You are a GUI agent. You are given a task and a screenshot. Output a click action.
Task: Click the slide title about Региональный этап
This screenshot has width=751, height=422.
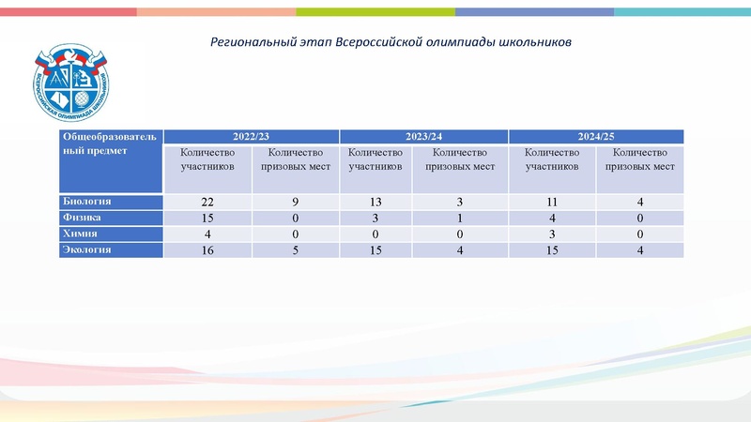[391, 43]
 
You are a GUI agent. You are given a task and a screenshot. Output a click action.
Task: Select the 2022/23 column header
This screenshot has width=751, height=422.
[251, 137]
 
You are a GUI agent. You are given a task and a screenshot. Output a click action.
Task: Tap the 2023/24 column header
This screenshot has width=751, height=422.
[423, 137]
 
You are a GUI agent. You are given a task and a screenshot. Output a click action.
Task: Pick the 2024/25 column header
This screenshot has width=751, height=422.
[596, 137]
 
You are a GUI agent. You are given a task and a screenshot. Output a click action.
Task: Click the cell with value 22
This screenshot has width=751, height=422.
[208, 203]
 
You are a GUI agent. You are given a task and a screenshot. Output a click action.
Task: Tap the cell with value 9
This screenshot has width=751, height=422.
[296, 203]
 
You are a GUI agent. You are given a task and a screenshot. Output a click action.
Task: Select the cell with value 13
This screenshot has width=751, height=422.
[375, 203]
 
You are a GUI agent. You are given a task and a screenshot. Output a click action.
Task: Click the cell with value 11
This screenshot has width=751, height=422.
[551, 203]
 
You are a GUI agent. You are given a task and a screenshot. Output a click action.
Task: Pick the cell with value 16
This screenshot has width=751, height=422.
[208, 249]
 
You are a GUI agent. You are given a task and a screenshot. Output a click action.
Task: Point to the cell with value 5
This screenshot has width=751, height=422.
[296, 249]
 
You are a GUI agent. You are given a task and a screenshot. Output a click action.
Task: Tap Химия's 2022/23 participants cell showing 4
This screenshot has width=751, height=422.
[208, 234]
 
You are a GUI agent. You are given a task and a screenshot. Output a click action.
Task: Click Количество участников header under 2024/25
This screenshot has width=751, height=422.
[551, 160]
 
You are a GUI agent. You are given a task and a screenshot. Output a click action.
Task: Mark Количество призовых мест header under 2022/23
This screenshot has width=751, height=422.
[296, 160]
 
